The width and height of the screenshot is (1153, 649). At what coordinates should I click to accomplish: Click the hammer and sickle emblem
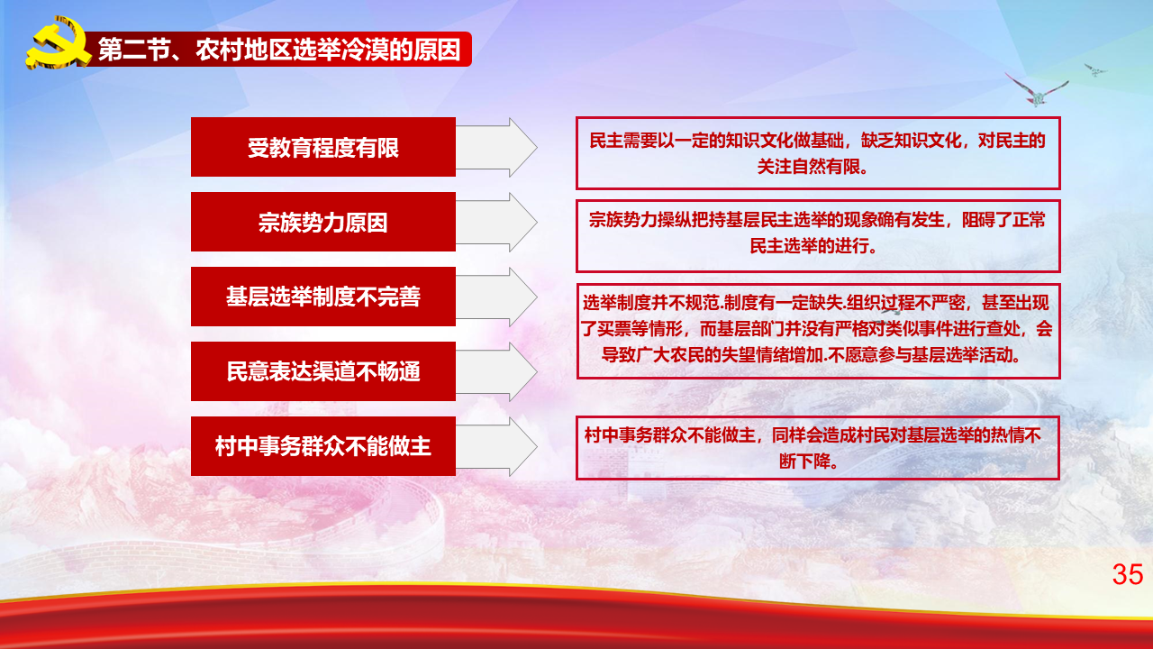58,43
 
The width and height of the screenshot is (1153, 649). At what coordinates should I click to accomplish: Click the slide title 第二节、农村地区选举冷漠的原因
279,50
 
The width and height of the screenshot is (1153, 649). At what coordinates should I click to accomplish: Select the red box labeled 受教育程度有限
323,147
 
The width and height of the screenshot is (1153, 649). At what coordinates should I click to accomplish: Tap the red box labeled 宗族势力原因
323,222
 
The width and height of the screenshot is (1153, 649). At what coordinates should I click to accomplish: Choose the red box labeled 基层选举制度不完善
323,297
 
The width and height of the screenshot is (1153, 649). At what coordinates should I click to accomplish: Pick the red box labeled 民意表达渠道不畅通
323,370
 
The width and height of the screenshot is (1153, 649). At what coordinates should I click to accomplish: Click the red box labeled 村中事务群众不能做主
323,445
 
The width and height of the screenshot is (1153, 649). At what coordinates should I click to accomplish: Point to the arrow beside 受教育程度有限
496,147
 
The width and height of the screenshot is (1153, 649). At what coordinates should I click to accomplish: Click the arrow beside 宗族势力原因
496,222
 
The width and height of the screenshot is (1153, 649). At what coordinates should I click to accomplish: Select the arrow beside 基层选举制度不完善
496,297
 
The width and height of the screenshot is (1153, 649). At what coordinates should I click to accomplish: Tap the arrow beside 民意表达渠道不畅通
496,371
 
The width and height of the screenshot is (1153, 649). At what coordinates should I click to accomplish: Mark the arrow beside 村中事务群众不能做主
496,446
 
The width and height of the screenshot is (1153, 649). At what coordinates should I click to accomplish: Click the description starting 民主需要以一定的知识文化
818,153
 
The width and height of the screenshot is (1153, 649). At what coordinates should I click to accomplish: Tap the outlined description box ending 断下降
818,448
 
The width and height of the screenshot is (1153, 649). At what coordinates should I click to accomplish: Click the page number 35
1127,574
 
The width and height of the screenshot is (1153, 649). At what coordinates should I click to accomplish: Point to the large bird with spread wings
1037,91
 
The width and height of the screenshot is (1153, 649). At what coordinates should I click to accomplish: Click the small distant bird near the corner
1094,70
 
